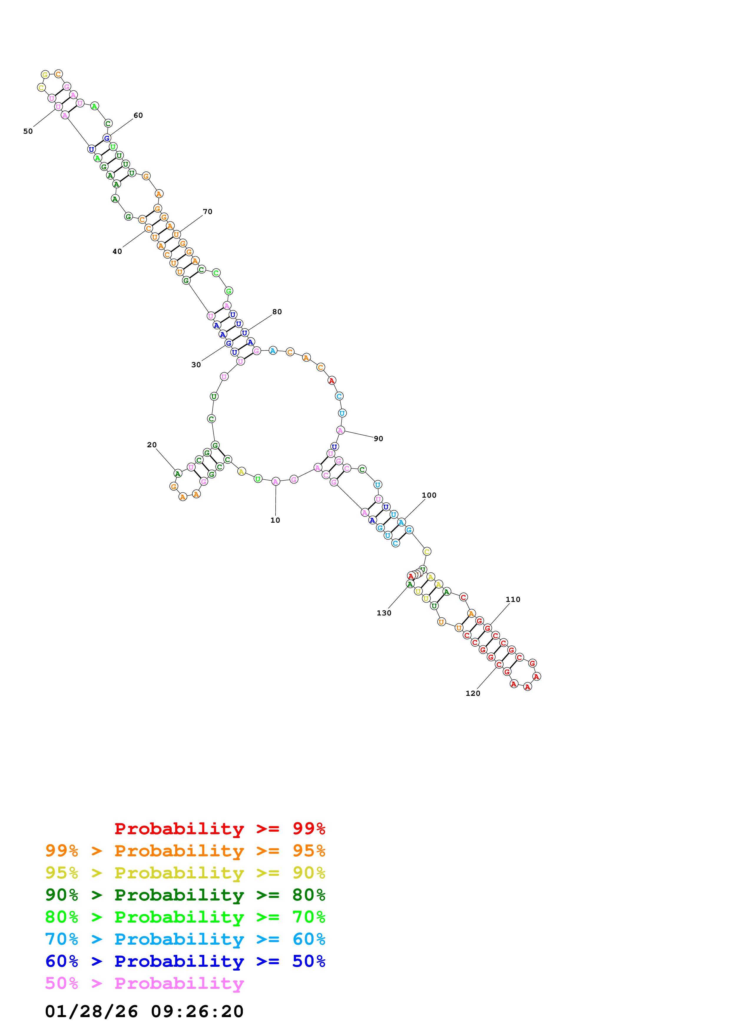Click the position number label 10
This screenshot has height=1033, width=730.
point(275,520)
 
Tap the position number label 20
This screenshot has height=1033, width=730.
point(152,445)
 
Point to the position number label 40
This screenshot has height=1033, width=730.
point(117,251)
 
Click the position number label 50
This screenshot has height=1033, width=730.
point(28,131)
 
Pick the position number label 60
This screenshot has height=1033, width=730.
point(138,115)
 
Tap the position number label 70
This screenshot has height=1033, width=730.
point(207,211)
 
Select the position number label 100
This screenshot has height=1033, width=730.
point(429,495)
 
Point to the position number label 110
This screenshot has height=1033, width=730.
point(512,599)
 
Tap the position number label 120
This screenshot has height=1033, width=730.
point(472,693)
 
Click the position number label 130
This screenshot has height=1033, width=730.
point(384,613)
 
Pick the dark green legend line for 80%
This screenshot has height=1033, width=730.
point(185,895)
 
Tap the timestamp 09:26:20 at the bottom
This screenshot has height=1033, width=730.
point(197,1012)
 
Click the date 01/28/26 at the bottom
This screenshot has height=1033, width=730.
point(91,1012)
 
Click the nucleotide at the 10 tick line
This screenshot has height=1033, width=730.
point(276,481)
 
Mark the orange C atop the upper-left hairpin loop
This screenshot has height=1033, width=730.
point(58,74)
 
